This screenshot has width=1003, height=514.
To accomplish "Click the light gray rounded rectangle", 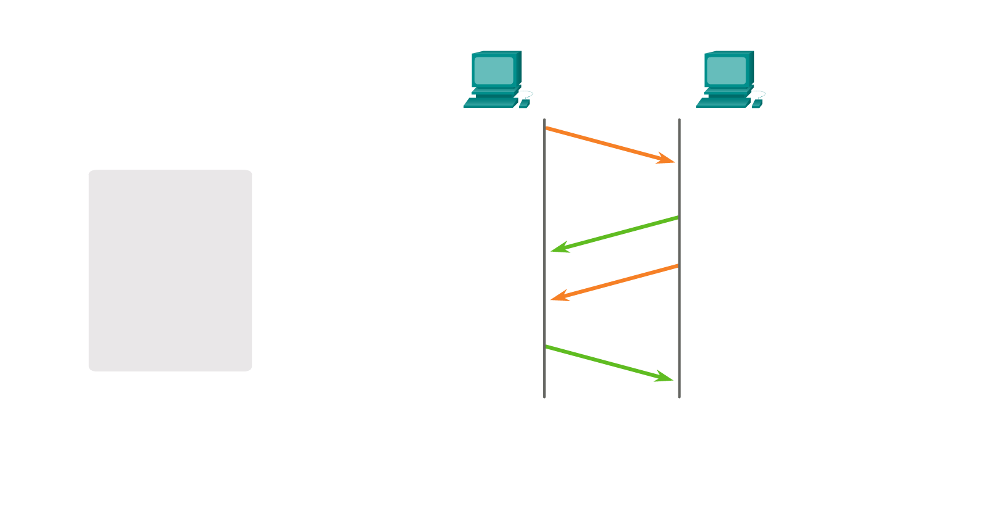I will (170, 270).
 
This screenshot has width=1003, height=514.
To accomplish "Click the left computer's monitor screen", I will (494, 70).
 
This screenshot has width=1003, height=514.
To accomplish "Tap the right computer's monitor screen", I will (726, 70).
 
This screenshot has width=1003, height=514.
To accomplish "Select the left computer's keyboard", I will (490, 102).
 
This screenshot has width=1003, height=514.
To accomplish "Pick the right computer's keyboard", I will (723, 102).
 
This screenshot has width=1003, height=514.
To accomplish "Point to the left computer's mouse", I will (524, 104).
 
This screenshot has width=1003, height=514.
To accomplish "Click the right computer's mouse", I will (757, 104).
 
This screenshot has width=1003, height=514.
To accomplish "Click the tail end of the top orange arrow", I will (547, 128).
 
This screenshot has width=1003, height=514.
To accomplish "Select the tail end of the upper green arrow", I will (677, 218).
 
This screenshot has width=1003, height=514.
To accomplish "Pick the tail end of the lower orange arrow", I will (677, 266).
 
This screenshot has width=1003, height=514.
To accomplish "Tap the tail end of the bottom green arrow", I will (547, 347).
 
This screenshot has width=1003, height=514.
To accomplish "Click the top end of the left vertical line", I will (544, 120).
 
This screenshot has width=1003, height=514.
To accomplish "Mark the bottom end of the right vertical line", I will (679, 396).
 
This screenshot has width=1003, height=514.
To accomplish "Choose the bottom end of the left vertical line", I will (544, 396).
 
